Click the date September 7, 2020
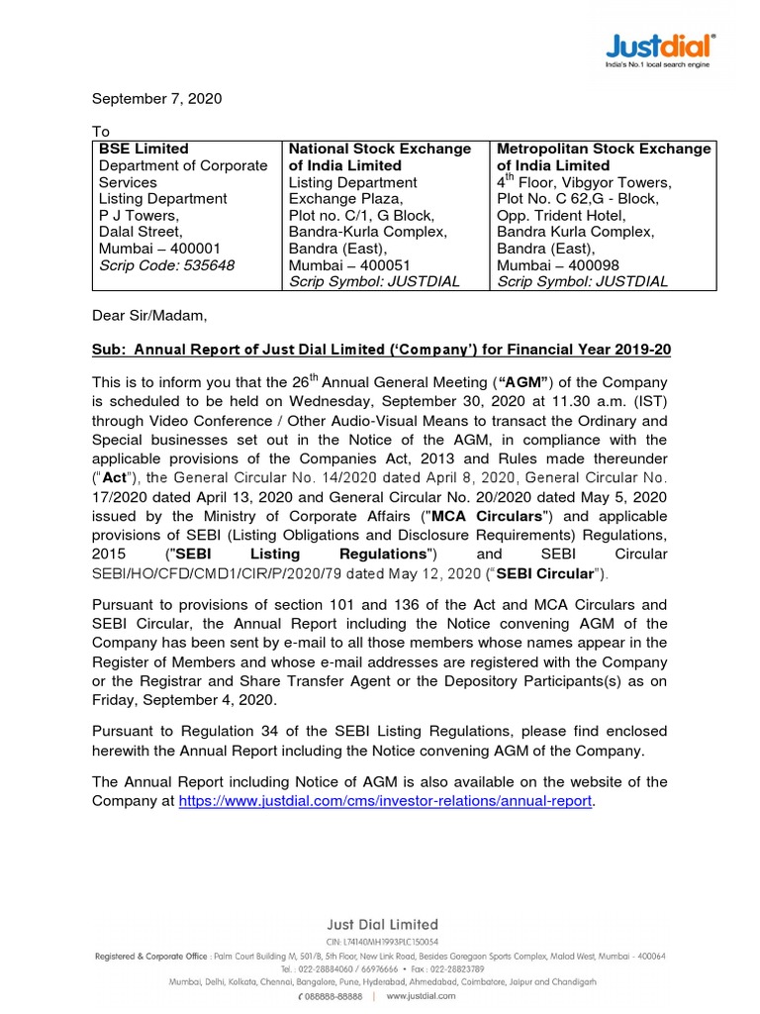(157, 99)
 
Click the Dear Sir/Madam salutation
(150, 316)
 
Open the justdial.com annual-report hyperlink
(386, 800)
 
